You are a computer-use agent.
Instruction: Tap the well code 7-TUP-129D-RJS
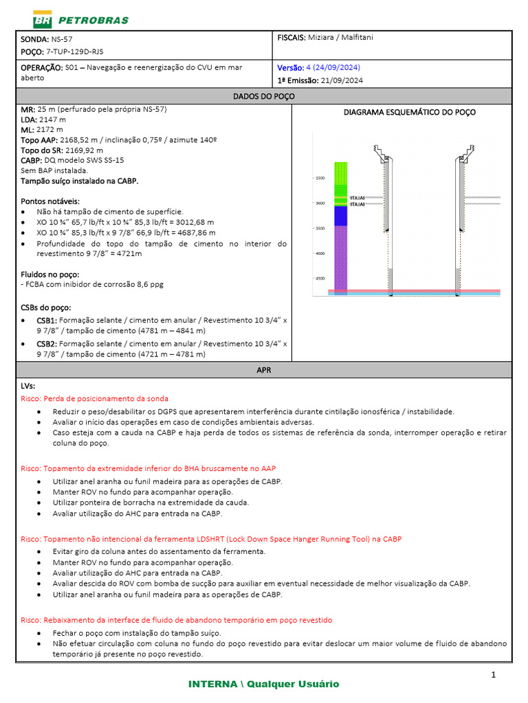pyautogui.click(x=75, y=51)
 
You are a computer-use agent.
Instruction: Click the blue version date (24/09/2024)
pyautogui.click(x=333, y=68)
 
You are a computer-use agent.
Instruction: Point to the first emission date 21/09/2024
pyautogui.click(x=342, y=80)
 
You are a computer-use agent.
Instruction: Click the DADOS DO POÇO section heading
pyautogui.click(x=264, y=96)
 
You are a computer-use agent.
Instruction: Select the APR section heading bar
pyautogui.click(x=264, y=369)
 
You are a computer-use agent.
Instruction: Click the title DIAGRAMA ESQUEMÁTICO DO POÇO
pyautogui.click(x=409, y=113)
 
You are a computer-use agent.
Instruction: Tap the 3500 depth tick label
pyautogui.click(x=320, y=229)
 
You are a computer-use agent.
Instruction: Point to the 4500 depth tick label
pyautogui.click(x=320, y=279)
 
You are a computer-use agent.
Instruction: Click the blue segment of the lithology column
pyautogui.click(x=341, y=216)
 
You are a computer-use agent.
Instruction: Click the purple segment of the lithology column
pyautogui.click(x=341, y=257)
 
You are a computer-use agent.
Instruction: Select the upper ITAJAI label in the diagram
pyautogui.click(x=357, y=198)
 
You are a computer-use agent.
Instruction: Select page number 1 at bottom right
pyautogui.click(x=493, y=676)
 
